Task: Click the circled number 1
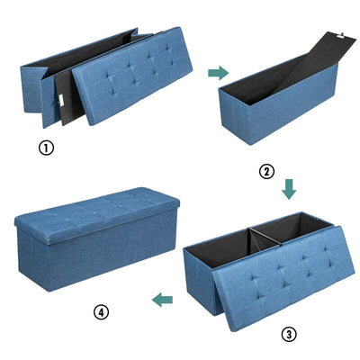tap(46, 148)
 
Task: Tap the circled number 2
tap(266, 172)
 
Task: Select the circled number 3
tap(289, 334)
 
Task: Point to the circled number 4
tap(101, 312)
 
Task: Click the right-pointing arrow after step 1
tap(219, 73)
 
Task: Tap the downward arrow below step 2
tap(289, 189)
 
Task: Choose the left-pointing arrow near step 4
tap(162, 300)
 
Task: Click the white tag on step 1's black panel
tap(61, 101)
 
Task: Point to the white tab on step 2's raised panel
tap(341, 36)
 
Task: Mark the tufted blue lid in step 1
tap(132, 75)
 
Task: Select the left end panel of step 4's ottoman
tap(31, 259)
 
